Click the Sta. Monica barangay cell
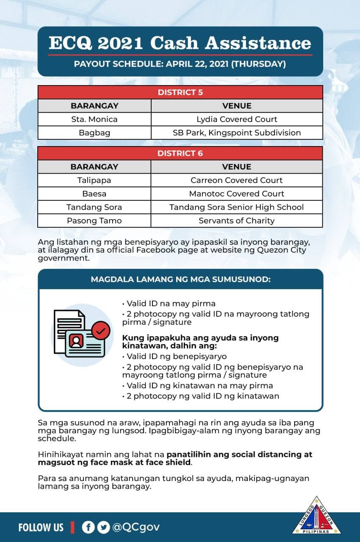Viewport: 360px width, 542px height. coord(94,119)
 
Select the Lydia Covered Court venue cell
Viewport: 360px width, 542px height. coord(237,119)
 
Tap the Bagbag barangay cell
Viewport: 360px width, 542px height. coord(94,133)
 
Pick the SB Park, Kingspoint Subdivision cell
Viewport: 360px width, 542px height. coord(237,133)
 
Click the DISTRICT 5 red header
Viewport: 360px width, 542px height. coord(180,92)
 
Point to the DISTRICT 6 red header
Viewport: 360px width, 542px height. coord(180,153)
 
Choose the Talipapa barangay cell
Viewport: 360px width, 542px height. coord(94,180)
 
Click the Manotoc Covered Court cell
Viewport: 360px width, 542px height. coord(237,194)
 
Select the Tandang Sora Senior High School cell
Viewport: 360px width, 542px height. coord(237,207)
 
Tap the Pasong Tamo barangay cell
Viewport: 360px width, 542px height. coord(94,221)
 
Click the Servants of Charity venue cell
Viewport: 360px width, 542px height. coord(237,221)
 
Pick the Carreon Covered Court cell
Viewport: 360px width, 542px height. coord(237,180)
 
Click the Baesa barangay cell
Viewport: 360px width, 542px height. coord(94,194)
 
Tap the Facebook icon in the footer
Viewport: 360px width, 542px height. coord(88,527)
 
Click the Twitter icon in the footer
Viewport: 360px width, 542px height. coord(103,527)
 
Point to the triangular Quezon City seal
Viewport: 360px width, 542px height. coord(317,517)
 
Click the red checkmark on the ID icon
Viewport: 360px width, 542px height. coord(100,330)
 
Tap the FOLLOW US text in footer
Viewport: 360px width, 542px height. coord(41,527)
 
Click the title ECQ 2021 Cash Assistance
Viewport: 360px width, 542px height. coord(180,43)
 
